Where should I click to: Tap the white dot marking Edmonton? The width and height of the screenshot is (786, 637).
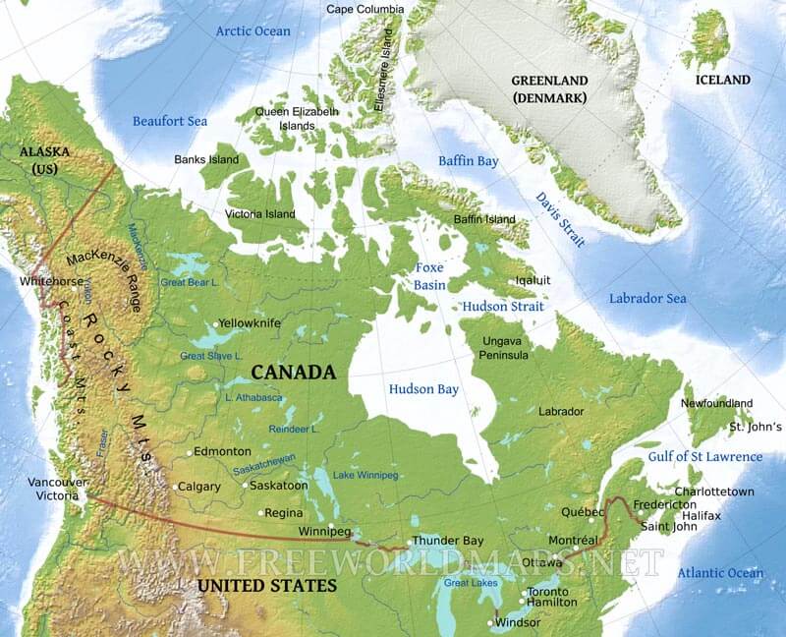[191, 453]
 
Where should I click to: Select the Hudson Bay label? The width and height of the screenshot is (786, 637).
[423, 389]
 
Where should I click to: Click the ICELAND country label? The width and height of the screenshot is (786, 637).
[722, 80]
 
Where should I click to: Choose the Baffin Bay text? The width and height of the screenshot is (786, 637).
[469, 160]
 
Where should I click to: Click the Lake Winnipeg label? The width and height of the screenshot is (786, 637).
[365, 475]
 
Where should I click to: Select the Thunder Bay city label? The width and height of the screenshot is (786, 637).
[447, 541]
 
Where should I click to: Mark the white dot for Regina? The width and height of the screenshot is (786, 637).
[261, 513]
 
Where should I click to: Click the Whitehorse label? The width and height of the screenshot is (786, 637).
[52, 281]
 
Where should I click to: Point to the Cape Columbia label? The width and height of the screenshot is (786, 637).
[365, 10]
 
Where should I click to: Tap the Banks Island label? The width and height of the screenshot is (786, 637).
[206, 159]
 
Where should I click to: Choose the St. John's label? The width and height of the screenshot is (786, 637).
[755, 428]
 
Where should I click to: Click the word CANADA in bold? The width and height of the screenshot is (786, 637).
[294, 373]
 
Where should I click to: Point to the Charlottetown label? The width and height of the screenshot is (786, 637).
[714, 491]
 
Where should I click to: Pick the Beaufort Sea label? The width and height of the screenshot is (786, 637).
[170, 120]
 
